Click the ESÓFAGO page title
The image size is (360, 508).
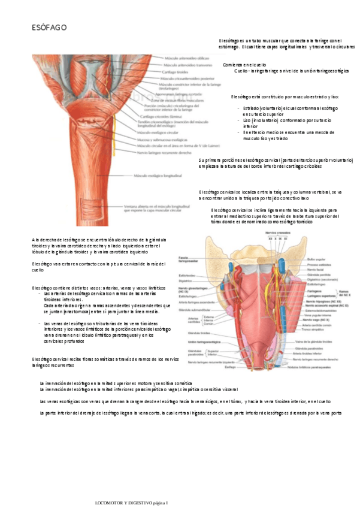click(49, 28)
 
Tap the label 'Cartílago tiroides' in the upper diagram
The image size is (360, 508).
click(174, 72)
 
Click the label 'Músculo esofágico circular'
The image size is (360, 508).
click(161, 132)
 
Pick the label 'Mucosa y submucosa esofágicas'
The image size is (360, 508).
click(165, 138)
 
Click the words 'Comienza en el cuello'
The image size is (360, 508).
click(244, 64)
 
